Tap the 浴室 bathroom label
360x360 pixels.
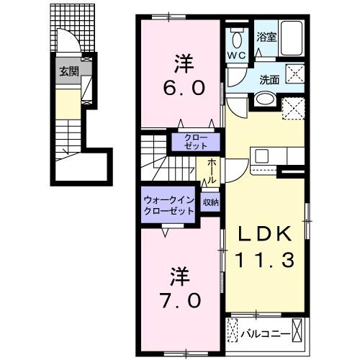(266, 37)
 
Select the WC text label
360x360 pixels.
(237, 55)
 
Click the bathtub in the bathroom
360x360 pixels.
(292, 39)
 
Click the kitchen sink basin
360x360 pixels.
(261, 154)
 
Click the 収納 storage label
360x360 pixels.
(210, 202)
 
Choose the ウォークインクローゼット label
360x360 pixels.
(168, 206)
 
